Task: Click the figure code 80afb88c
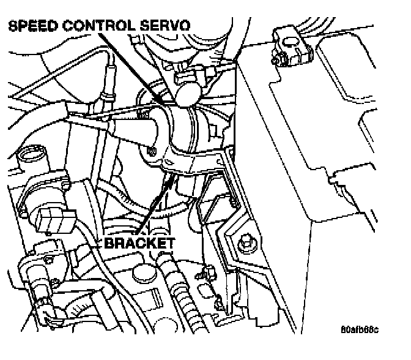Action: pyautogui.click(x=360, y=330)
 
